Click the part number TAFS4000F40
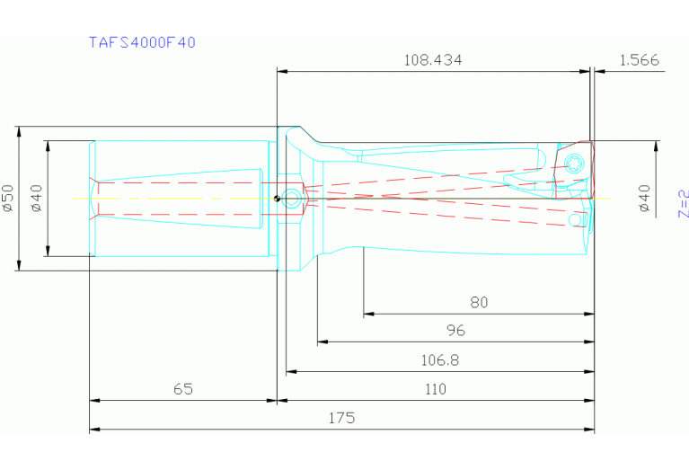142,42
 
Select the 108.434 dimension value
433,60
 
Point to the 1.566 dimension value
639,60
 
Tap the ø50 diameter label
9,198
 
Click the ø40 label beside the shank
37,198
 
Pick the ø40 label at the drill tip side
644,198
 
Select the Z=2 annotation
683,204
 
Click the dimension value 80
479,303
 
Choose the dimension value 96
456,331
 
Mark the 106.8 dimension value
440,359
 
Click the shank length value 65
182,389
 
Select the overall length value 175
341,418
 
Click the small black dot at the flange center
278,199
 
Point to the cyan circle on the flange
291,202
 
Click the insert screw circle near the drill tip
575,163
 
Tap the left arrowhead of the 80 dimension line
367,315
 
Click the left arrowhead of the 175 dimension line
93,429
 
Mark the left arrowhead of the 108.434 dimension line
281,71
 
